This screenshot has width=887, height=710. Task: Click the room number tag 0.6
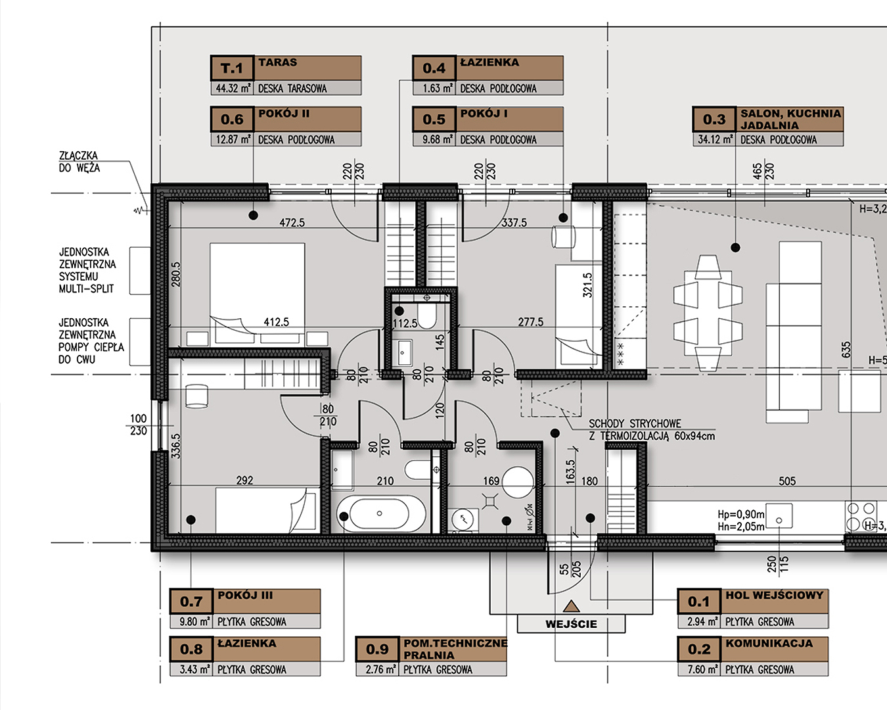[x=232, y=119]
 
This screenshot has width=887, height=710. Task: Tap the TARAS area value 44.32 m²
[x=233, y=88]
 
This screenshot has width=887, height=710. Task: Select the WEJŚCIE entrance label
[x=571, y=624]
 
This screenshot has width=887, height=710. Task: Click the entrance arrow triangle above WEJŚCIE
[x=571, y=606]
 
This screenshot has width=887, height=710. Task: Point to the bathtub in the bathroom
[x=380, y=513]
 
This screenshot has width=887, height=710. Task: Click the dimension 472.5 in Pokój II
[x=292, y=223]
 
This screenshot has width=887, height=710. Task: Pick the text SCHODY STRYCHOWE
[x=635, y=423]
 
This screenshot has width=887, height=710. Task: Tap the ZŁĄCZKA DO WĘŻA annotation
[x=79, y=162]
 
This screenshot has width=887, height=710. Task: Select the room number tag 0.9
[x=377, y=649]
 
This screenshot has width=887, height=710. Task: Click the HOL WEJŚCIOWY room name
[x=774, y=596]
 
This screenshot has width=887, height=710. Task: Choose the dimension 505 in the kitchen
[x=787, y=481]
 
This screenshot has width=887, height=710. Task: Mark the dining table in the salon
[x=708, y=313]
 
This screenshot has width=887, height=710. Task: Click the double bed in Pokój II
[x=257, y=293]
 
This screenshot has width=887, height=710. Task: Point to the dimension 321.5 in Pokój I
[x=588, y=285]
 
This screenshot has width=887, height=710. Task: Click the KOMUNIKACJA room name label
[x=769, y=643]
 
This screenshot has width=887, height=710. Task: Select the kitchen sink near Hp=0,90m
[x=779, y=515]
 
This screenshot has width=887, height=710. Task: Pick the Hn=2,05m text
[x=741, y=527]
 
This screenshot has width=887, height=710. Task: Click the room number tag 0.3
[x=714, y=119]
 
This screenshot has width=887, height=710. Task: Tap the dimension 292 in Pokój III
[x=244, y=480]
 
